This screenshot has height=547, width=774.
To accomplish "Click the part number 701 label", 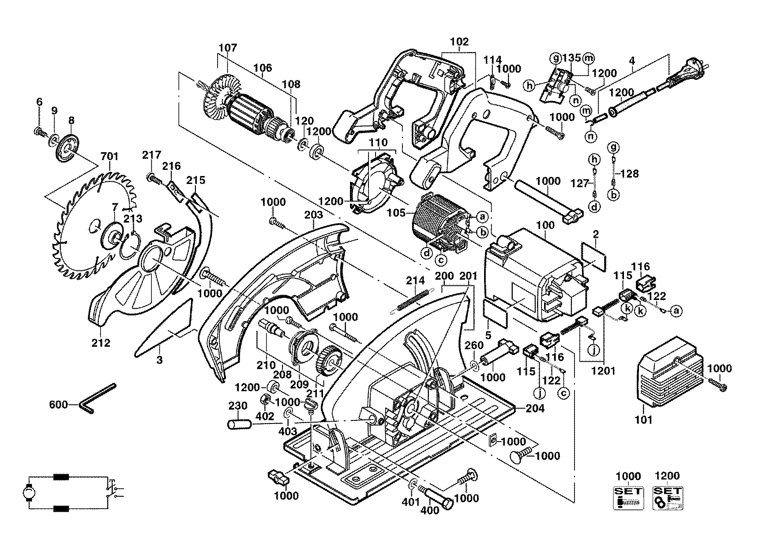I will point(109,156).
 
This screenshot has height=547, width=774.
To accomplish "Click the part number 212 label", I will point(101,342).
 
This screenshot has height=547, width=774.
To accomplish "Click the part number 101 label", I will point(643,420).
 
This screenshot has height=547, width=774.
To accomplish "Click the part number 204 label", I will point(536,408).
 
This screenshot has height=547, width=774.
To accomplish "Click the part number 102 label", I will point(459,42).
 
